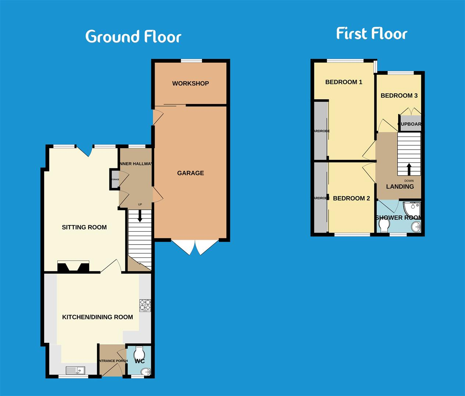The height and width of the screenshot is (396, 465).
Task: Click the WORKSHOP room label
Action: [190, 84]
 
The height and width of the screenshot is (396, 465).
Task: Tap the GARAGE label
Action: [190, 173]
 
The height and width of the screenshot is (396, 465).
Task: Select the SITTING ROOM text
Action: [84, 227]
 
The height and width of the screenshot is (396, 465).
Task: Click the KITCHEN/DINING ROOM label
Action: [97, 317]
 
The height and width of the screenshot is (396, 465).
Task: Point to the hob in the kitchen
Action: [145, 305]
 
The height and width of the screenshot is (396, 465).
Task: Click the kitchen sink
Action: [75, 370]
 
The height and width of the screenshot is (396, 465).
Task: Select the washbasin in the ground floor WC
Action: [147, 372]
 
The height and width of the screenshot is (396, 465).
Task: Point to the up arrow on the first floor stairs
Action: [409, 169]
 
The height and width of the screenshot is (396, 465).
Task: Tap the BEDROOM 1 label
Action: [343, 82]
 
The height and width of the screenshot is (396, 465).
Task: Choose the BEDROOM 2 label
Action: [351, 198]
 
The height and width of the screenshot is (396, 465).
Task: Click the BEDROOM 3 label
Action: [399, 96]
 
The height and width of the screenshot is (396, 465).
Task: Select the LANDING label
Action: [400, 187]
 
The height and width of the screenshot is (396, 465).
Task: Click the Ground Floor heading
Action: [133, 37]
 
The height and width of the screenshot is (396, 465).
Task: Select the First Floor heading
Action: [372, 33]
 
